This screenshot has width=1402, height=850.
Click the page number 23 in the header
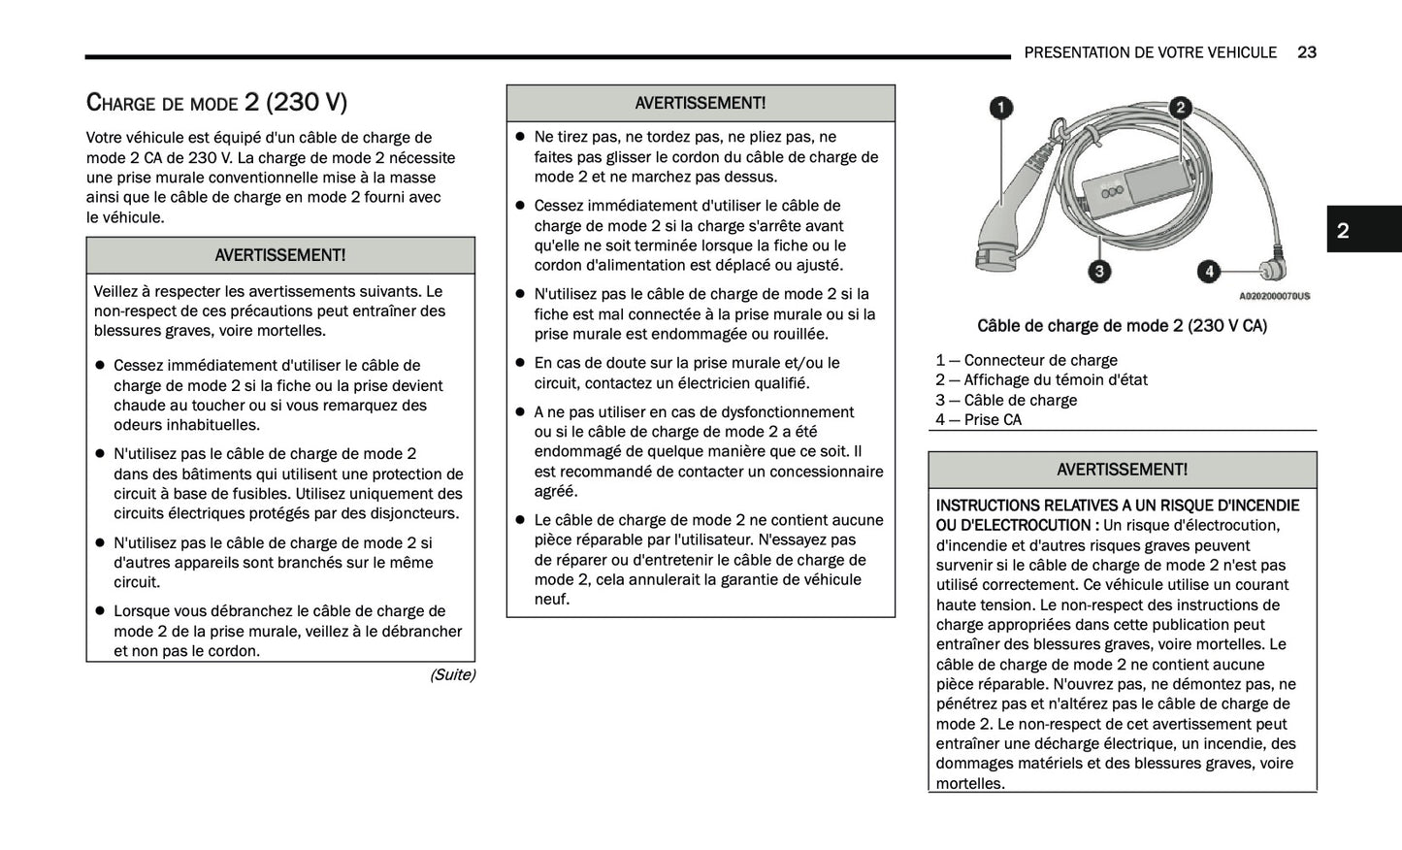[x=1306, y=52]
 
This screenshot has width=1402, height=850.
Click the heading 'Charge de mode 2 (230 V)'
[x=216, y=102]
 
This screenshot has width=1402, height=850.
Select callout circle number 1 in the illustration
[x=1000, y=108]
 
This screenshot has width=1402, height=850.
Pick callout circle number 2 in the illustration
[x=1180, y=108]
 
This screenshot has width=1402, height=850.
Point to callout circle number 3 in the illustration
[x=1098, y=271]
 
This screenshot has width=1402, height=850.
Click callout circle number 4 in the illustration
[x=1208, y=271]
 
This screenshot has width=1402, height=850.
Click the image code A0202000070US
[x=1274, y=296]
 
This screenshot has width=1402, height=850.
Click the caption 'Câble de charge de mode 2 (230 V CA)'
[x=1122, y=326]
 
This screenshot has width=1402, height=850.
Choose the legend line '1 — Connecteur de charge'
[x=1027, y=360]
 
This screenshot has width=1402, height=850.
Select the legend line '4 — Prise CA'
[x=978, y=419]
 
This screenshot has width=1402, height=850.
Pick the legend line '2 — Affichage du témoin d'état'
[x=1041, y=379]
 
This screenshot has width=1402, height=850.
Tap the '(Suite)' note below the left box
[x=452, y=674]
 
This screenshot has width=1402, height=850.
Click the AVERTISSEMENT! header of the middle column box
[x=700, y=103]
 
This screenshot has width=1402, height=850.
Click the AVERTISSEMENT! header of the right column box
[x=1122, y=470]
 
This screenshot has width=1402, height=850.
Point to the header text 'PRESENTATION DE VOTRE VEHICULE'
[x=1150, y=52]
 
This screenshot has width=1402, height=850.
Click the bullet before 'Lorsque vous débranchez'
[x=99, y=611]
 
